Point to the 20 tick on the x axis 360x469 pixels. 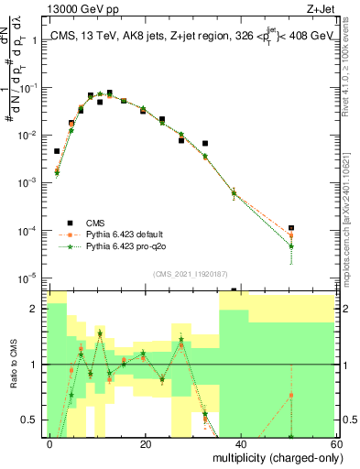[x=146, y=443]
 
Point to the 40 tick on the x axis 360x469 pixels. [x=240, y=443]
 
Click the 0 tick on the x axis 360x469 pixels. [x=50, y=443]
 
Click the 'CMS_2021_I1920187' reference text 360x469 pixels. [x=189, y=273]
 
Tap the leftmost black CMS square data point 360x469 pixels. [x=57, y=151]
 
